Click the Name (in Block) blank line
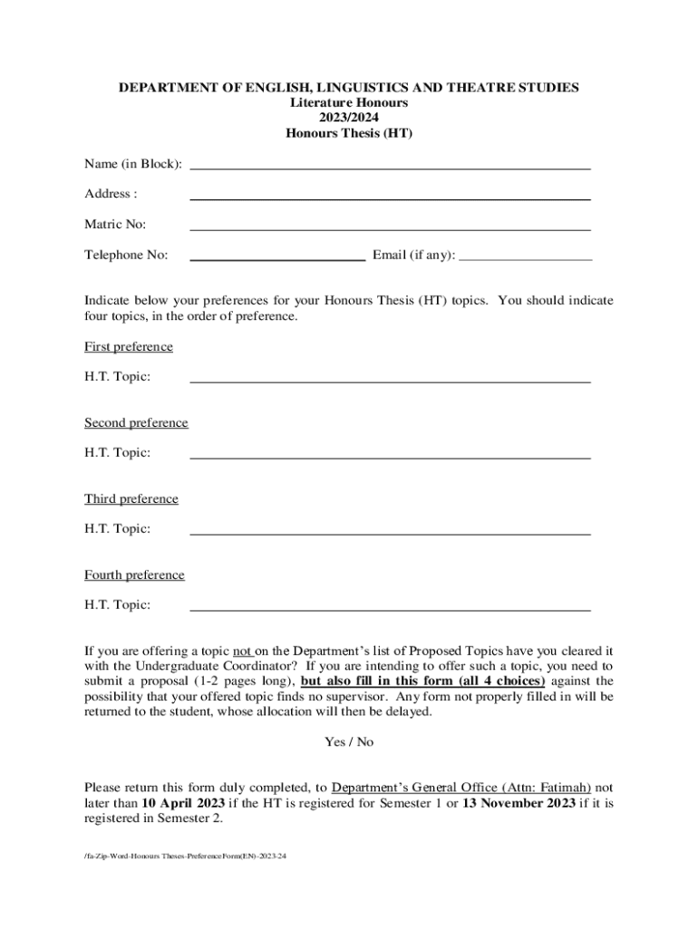(x=390, y=168)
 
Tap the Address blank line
(x=390, y=198)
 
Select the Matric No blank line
(x=390, y=228)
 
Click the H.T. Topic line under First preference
(x=390, y=381)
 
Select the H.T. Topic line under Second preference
(x=390, y=457)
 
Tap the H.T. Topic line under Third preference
(x=390, y=533)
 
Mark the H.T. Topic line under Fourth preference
(x=390, y=609)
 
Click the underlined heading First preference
(x=129, y=347)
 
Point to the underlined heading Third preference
(x=131, y=499)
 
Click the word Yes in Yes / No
(x=334, y=742)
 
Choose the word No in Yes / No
(x=364, y=742)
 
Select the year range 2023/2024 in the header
(x=349, y=118)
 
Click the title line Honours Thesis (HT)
(x=349, y=133)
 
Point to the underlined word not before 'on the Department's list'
(x=242, y=651)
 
